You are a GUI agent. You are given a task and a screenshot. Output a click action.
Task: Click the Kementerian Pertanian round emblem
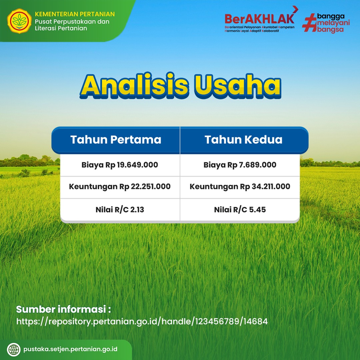(x=19, y=21)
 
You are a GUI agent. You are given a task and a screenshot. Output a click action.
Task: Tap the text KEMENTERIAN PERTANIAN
(x=75, y=14)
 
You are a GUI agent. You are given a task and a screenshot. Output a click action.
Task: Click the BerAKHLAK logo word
(x=259, y=19)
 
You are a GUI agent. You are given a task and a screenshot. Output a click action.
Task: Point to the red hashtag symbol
(x=309, y=23)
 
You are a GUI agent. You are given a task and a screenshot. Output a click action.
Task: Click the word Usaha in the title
(x=238, y=85)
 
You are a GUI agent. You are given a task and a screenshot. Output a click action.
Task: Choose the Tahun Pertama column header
(x=116, y=140)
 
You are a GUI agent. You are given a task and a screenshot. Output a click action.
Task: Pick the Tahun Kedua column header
(x=244, y=140)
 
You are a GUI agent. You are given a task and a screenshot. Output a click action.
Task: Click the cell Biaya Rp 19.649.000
(x=120, y=165)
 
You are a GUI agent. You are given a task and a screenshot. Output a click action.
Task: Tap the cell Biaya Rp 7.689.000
(x=240, y=165)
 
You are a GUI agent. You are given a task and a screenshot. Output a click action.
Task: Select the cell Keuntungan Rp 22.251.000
(x=120, y=187)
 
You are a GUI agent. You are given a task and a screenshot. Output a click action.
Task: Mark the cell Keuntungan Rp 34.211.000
(x=240, y=187)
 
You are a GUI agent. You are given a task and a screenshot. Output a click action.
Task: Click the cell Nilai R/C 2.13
(x=120, y=210)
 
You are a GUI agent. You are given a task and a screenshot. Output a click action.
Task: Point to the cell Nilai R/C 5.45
(x=240, y=210)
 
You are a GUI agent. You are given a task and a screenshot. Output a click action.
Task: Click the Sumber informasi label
(x=64, y=309)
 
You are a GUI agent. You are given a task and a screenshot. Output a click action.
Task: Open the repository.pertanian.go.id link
(x=142, y=321)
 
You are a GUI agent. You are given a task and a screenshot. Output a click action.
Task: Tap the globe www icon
(x=14, y=350)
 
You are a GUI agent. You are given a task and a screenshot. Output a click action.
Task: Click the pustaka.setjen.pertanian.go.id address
(x=70, y=349)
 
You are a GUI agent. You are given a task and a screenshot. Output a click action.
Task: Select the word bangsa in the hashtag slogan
(x=330, y=30)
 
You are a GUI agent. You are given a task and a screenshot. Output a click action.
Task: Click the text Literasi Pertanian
(x=61, y=28)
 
